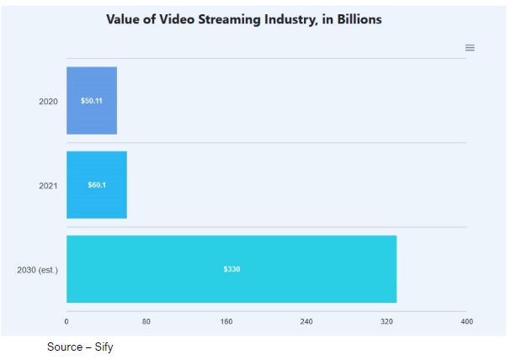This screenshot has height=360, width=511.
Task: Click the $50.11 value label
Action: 92,101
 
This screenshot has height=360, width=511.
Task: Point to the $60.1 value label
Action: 97,185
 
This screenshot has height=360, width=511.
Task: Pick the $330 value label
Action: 232,269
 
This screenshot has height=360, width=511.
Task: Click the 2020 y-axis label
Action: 48,102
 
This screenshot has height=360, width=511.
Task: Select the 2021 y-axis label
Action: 48,185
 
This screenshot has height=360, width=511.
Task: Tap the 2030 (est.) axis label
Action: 37,270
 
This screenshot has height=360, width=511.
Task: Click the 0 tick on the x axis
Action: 67,321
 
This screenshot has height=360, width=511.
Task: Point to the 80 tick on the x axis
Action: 146,321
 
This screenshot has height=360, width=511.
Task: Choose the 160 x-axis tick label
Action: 226,321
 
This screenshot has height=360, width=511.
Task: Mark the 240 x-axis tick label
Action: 306,321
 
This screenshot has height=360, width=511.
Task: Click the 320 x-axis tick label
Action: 386,321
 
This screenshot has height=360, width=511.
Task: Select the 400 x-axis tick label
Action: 466,321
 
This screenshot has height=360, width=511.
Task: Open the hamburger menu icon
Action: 470,48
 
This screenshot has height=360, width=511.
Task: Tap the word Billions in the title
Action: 356,19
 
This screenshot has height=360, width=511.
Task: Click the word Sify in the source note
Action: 103,347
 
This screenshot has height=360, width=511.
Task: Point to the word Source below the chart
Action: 64,347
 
